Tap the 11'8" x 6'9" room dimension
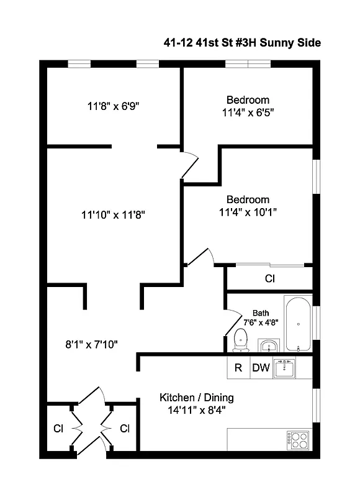click(113, 106)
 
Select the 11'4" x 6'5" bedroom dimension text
click(248, 112)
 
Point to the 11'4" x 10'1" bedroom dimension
click(248, 212)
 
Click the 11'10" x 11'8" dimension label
click(113, 215)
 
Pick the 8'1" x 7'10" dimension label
click(91, 344)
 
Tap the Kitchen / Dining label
click(197, 398)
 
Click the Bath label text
click(261, 313)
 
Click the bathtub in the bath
click(299, 325)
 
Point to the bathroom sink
click(268, 345)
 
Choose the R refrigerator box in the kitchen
click(238, 367)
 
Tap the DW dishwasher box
click(261, 367)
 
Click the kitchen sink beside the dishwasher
click(285, 367)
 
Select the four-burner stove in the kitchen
click(299, 439)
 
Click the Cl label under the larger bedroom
click(270, 279)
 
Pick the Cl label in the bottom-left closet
click(58, 429)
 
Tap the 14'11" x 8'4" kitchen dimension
click(197, 410)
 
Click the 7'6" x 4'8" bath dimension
click(261, 322)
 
